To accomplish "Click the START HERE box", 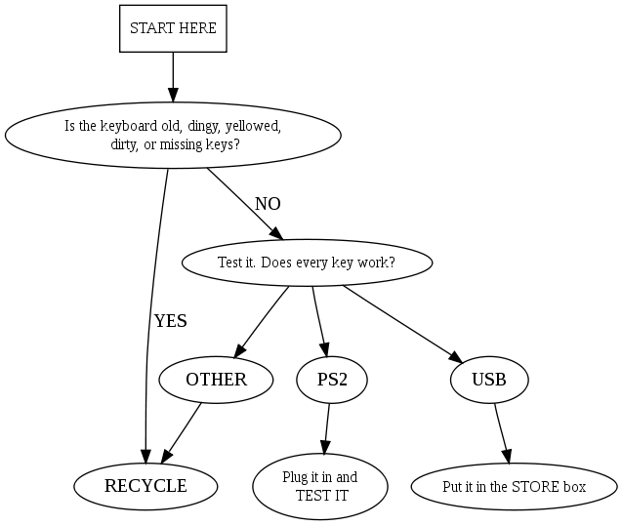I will (x=173, y=29).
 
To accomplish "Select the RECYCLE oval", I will (x=145, y=485).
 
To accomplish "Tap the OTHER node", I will (x=216, y=380).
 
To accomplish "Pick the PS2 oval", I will (x=332, y=380).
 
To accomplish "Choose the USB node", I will (x=489, y=380).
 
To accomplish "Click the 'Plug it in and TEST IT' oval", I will (x=320, y=485).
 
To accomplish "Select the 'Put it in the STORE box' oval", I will (x=514, y=485).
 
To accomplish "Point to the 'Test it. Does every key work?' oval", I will (x=307, y=263).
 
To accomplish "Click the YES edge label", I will (x=170, y=321).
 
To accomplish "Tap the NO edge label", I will (x=268, y=204).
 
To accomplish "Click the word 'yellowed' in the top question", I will (x=254, y=126).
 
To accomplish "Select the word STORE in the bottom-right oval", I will (x=532, y=486).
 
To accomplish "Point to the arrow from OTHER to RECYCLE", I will (x=183, y=428).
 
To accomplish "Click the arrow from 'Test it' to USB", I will (x=400, y=322).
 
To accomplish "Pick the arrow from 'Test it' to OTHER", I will (x=262, y=322).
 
